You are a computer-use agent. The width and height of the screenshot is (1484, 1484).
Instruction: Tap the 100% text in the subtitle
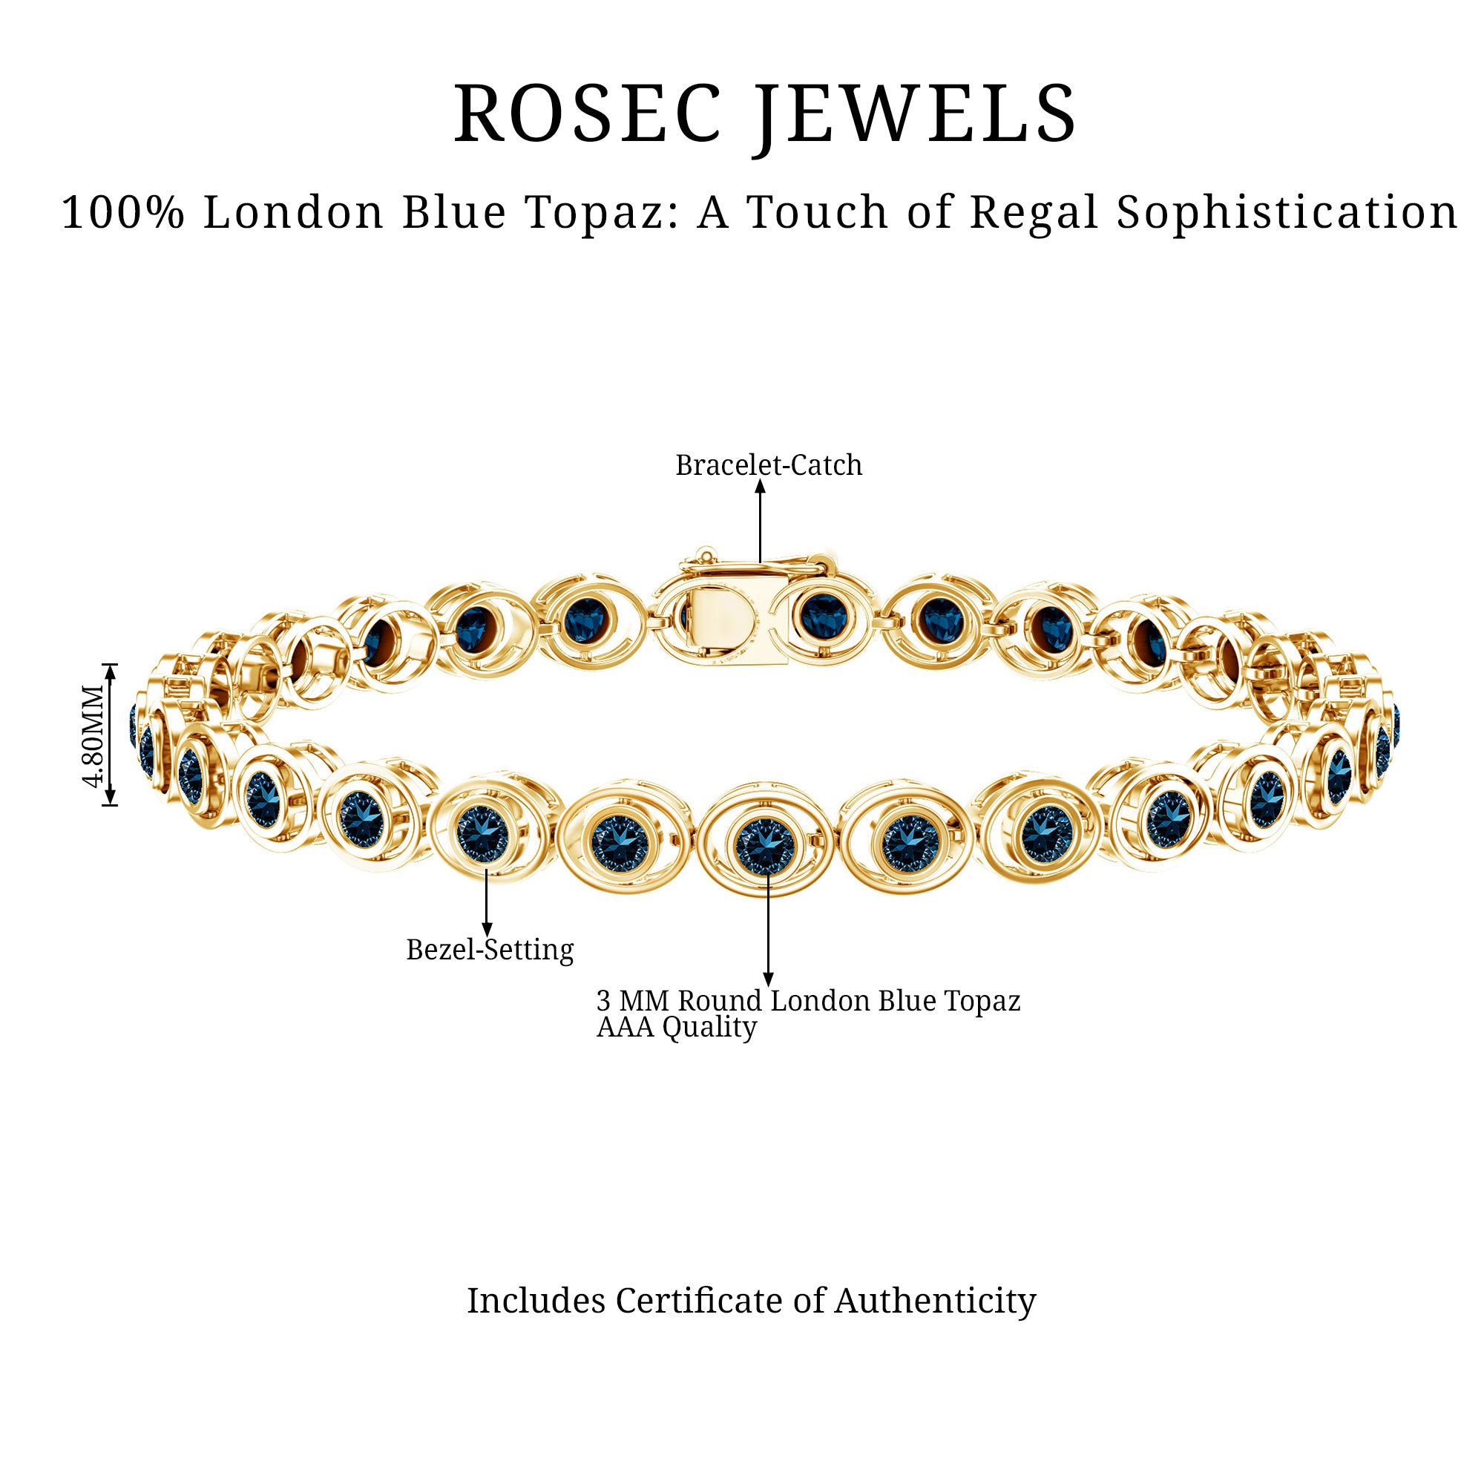coord(123,212)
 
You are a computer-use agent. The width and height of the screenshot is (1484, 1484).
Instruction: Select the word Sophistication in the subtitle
coord(1287,212)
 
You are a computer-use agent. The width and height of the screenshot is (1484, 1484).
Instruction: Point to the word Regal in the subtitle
coord(1034,214)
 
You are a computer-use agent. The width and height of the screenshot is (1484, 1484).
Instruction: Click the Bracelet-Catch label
coord(769,464)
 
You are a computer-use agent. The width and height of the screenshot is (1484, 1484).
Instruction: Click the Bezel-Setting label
coord(490,951)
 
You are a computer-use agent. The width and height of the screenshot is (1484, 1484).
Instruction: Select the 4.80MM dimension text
coord(93,735)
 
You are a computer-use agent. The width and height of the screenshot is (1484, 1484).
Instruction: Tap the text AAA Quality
coord(677,1027)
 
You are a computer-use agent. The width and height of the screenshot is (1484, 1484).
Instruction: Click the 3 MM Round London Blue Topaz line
coord(809,1000)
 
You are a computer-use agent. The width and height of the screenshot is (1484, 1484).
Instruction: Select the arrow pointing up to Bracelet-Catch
coord(760,522)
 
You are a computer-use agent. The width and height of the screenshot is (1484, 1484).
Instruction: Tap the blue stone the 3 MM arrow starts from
coord(765,847)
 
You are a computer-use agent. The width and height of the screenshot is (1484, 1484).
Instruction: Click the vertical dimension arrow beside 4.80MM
coord(110,735)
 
